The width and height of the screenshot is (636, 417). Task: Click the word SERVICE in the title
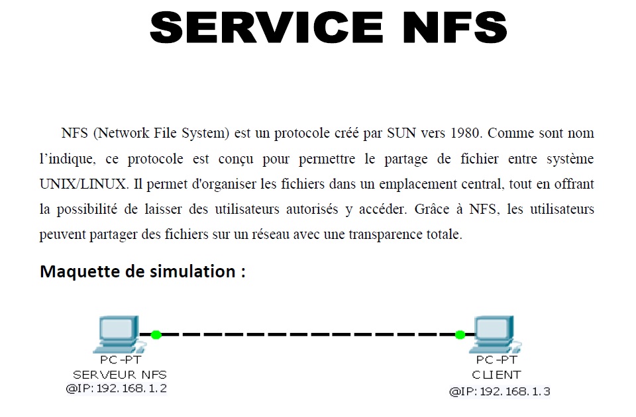coord(264,27)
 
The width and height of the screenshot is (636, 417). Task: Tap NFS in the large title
coord(449,27)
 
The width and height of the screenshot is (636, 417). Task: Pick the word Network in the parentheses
coord(121,133)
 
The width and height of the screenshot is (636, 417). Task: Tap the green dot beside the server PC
coord(156,334)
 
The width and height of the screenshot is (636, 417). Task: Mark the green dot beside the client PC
coord(460,334)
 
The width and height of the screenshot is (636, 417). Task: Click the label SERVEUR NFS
coord(120,375)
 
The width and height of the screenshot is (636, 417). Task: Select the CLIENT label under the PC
coord(496,375)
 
